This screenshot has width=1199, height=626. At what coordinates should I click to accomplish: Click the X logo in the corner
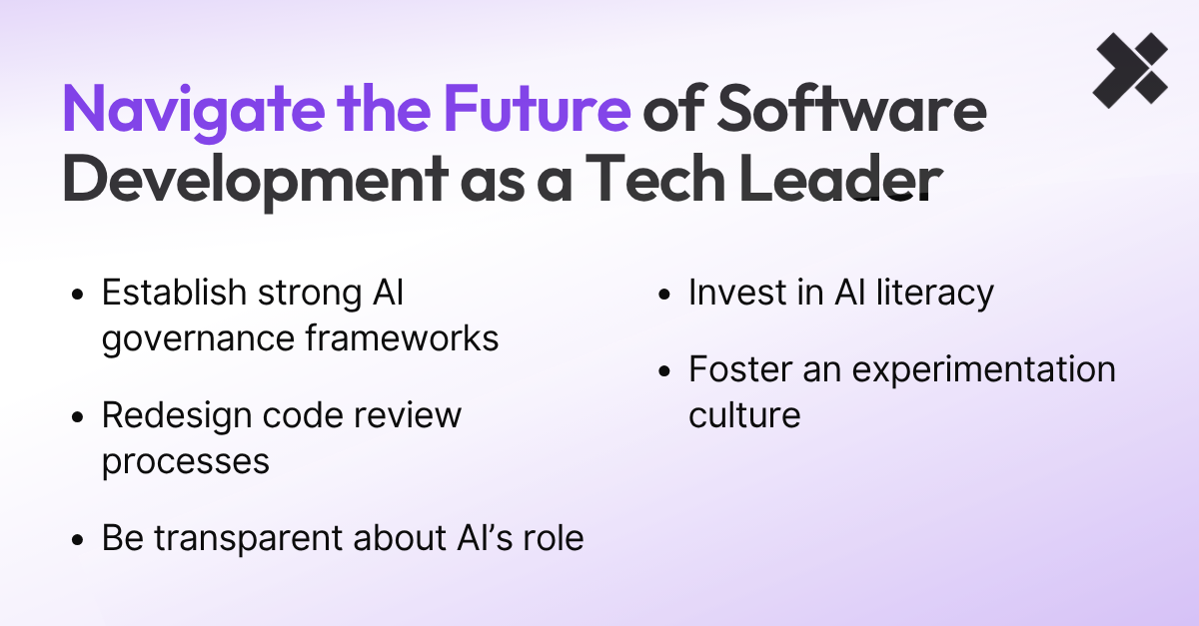point(1129,70)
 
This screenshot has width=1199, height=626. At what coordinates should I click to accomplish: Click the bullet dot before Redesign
point(79,417)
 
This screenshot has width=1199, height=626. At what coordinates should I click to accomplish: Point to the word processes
point(185,461)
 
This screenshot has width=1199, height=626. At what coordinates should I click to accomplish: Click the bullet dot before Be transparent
point(79,540)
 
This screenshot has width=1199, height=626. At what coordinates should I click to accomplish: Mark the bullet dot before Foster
point(665,371)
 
